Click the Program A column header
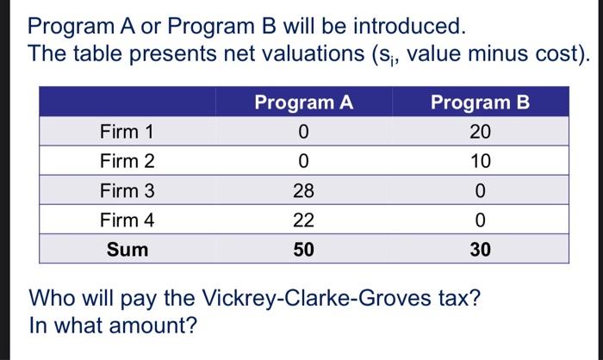[x=303, y=103]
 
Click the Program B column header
[x=481, y=103]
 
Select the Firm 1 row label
[x=127, y=132]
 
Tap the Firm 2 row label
[x=127, y=161]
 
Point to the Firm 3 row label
[x=127, y=190]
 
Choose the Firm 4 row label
[x=127, y=220]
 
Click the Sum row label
[x=127, y=250]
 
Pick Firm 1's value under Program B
[x=481, y=132]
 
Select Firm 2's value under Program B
[x=481, y=161]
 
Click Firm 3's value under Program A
[x=303, y=190]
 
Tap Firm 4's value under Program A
[x=303, y=220]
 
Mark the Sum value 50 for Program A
[x=303, y=250]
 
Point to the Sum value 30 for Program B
[x=481, y=250]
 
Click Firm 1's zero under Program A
[x=303, y=132]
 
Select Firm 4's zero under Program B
[x=481, y=220]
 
